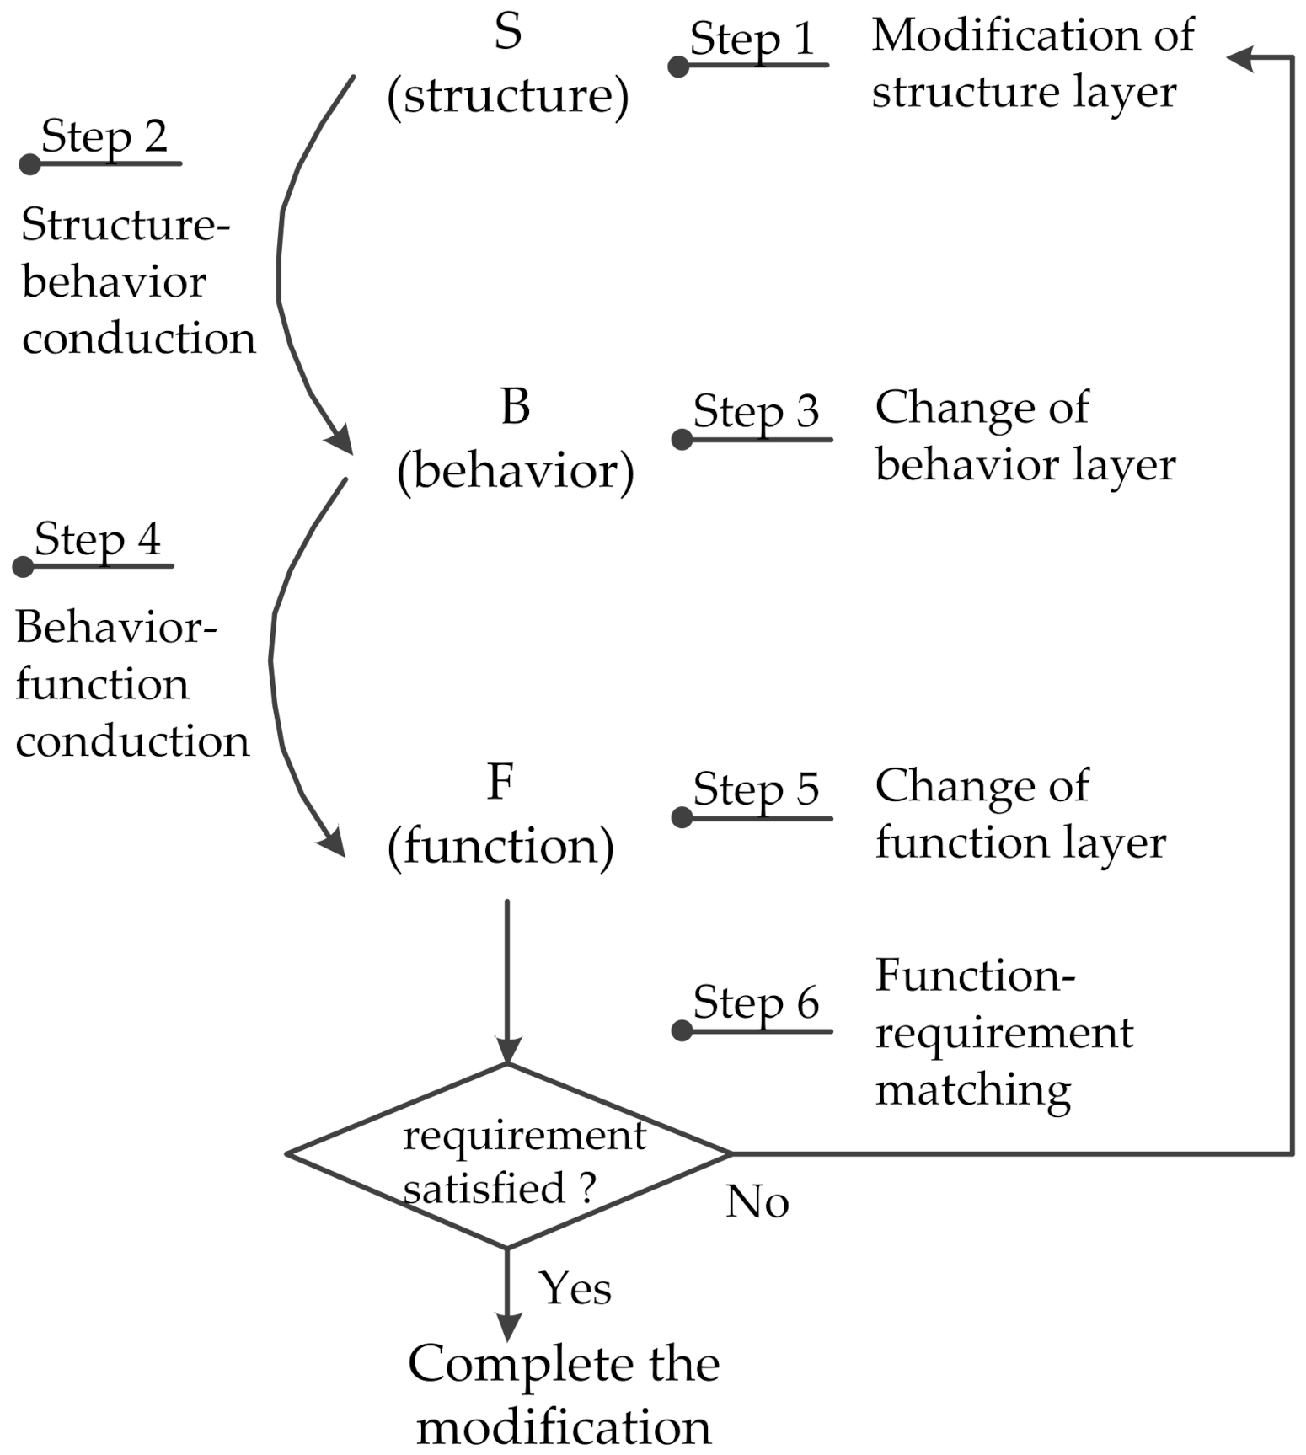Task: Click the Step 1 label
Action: (x=752, y=40)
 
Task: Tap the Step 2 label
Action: (x=104, y=137)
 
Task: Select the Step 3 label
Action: (x=756, y=413)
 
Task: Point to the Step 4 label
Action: (x=98, y=540)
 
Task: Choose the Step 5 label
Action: (x=756, y=790)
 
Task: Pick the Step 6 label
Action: (x=756, y=1003)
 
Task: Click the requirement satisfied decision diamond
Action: (x=508, y=1155)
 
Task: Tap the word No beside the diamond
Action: (x=757, y=1202)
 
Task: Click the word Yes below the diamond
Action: (x=575, y=1288)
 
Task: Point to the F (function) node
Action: (x=500, y=816)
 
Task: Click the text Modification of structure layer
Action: (x=1031, y=63)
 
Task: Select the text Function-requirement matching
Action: (x=1003, y=1032)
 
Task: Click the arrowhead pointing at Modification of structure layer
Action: (x=1240, y=57)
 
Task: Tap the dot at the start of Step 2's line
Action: (x=30, y=163)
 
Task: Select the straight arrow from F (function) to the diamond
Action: (x=507, y=977)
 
